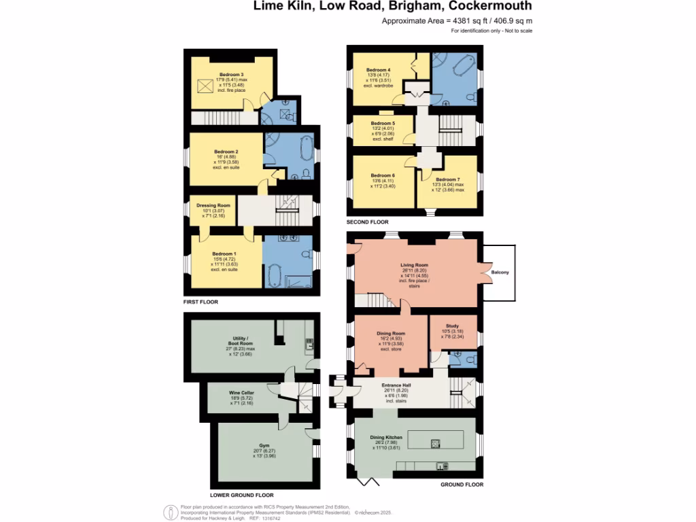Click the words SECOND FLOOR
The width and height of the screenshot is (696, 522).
(367, 222)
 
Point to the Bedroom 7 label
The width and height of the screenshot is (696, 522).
(448, 179)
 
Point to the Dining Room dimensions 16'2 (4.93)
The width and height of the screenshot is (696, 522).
(391, 338)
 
